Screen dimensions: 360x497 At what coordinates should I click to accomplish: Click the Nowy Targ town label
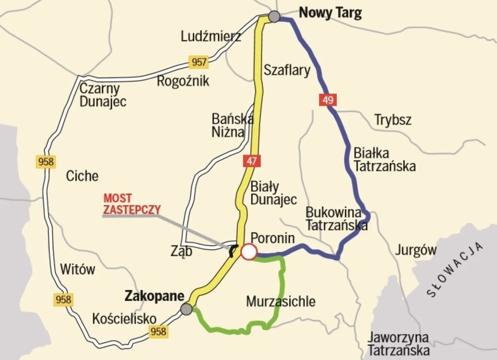point(330,13)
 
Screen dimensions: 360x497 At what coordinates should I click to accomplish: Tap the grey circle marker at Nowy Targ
point(274,16)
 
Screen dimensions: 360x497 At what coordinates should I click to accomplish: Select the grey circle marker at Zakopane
point(186,309)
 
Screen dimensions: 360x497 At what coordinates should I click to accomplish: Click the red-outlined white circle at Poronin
point(248,252)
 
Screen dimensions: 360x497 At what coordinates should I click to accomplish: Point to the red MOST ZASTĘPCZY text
point(132,204)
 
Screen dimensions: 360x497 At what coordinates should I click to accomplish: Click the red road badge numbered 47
point(251,161)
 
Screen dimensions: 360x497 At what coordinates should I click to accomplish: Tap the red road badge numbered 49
point(328,100)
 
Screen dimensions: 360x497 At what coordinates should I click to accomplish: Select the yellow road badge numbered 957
point(198,61)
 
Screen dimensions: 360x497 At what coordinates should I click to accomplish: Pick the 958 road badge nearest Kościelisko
point(158,331)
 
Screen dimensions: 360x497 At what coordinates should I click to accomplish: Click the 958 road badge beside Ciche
point(46,162)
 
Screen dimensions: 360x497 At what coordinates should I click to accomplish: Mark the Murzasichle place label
point(281,301)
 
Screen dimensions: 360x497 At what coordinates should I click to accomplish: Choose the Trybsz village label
point(393,120)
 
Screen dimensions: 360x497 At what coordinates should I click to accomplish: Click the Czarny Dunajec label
point(103,95)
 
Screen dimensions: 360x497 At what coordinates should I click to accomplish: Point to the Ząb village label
point(181,252)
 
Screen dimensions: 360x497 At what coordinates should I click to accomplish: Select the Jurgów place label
point(416,250)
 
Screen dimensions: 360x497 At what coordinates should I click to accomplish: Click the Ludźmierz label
point(211,37)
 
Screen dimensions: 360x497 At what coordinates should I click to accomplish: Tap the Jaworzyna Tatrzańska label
point(398,344)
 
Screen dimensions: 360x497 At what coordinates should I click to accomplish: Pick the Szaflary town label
point(287,70)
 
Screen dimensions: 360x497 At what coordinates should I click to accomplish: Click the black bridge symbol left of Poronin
point(233,251)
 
